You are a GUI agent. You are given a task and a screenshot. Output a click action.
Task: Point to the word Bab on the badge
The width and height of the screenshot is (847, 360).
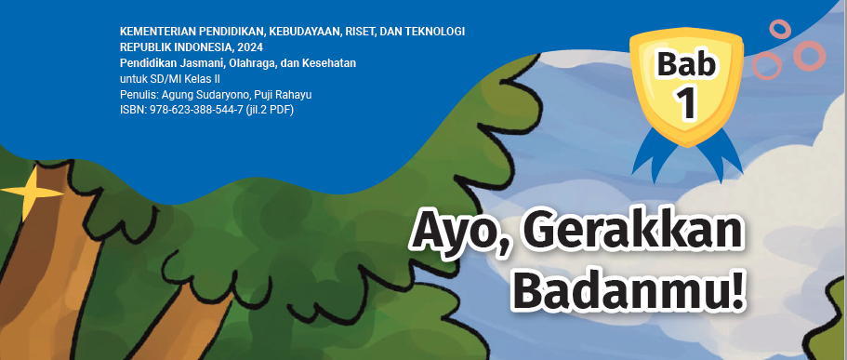pyautogui.click(x=686, y=64)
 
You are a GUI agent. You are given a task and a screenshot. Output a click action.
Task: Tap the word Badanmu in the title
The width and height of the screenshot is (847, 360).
pyautogui.click(x=615, y=296)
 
